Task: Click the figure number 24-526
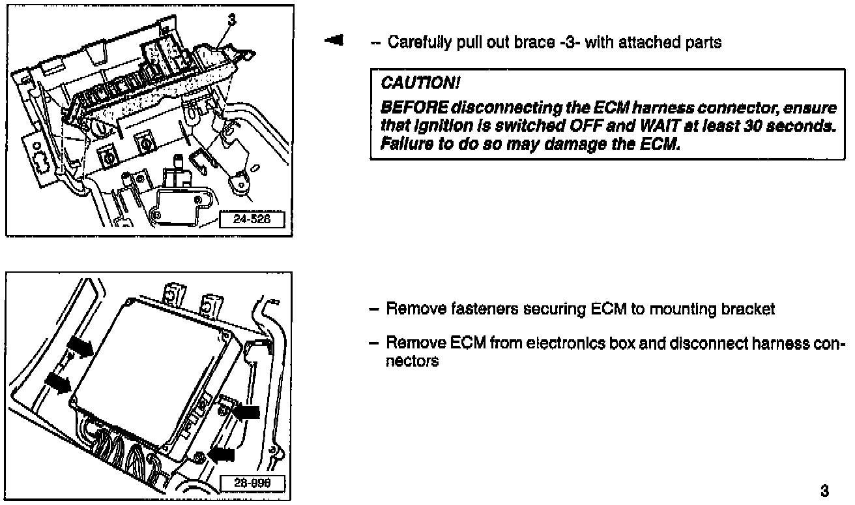click(252, 219)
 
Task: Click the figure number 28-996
click(252, 483)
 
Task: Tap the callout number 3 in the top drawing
click(231, 19)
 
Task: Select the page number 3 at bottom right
click(824, 491)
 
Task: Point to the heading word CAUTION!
click(420, 83)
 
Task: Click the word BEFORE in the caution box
click(414, 108)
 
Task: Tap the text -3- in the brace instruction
click(569, 42)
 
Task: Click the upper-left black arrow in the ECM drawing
click(80, 346)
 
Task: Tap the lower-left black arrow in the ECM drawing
click(58, 383)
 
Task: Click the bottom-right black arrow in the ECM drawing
click(222, 455)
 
